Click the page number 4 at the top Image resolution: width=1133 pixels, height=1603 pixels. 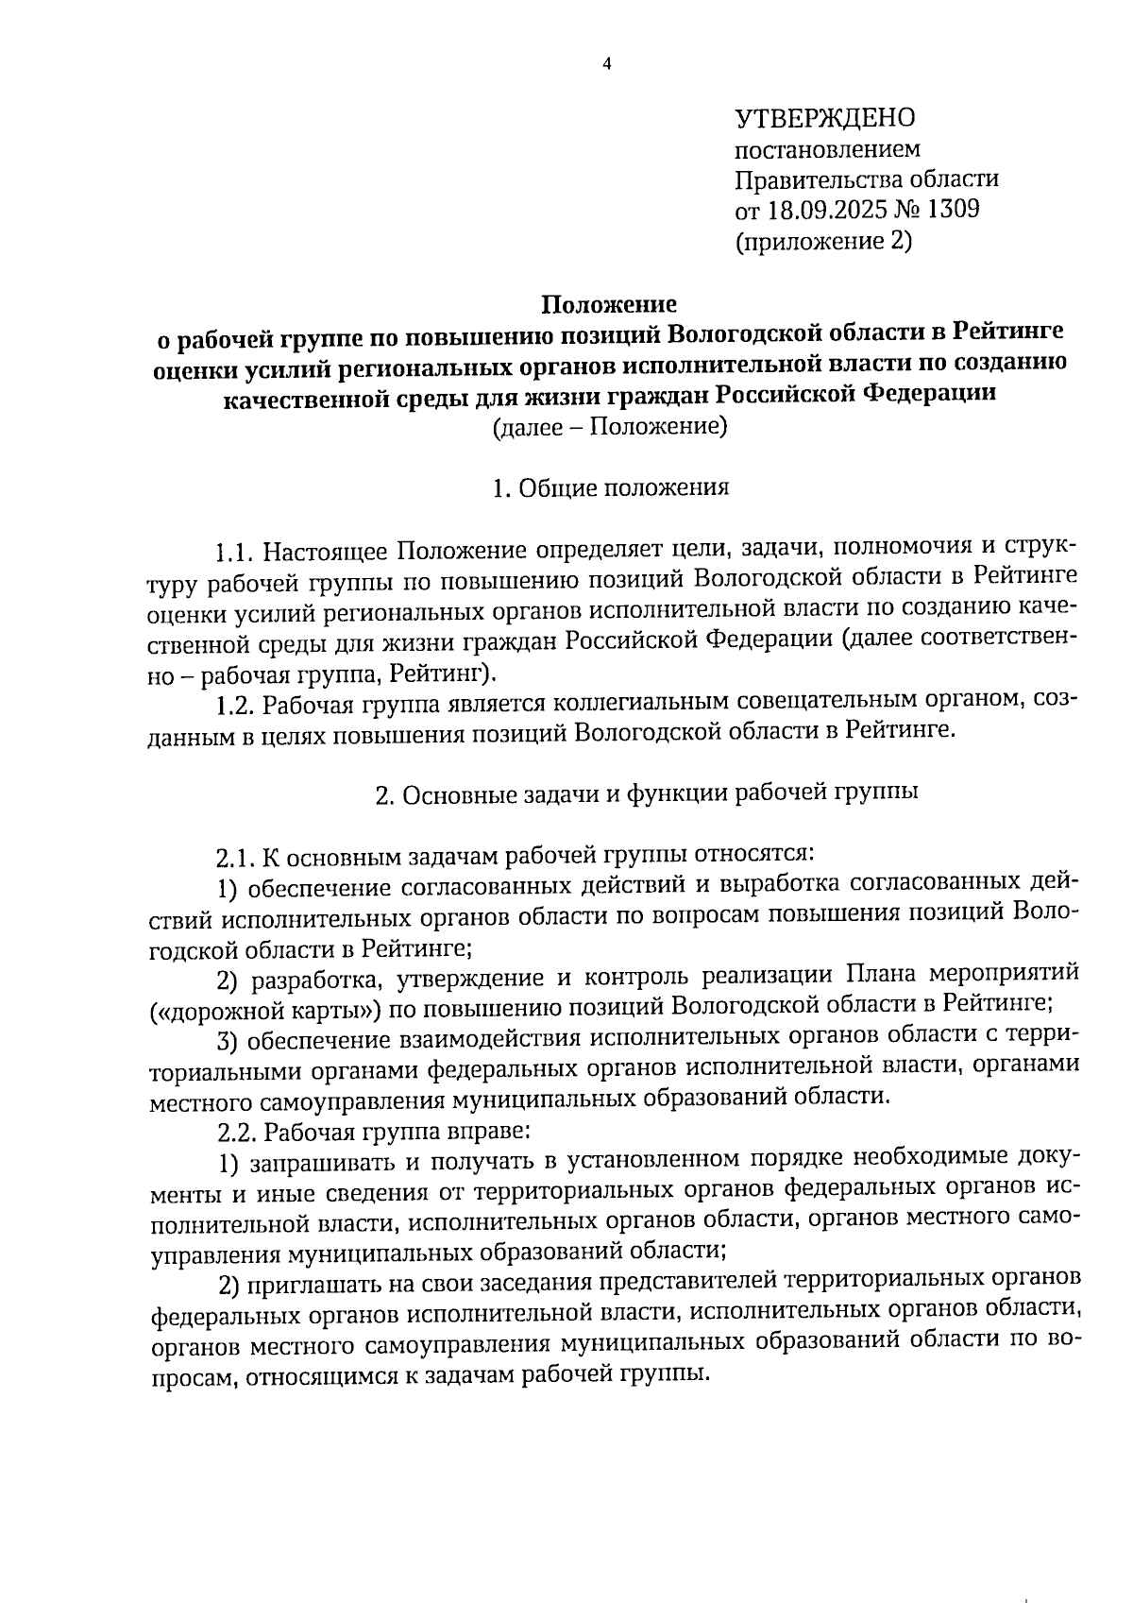click(607, 64)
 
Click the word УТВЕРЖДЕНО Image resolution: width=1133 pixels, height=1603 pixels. click(825, 118)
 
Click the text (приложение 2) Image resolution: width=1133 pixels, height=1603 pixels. click(823, 241)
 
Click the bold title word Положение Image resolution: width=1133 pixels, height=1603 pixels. click(608, 304)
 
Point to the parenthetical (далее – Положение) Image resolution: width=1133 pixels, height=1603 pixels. click(609, 427)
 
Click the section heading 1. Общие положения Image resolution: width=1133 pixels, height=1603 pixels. click(610, 487)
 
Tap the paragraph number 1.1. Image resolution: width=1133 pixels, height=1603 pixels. click(234, 550)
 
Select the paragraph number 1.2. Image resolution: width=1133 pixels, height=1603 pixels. click(234, 705)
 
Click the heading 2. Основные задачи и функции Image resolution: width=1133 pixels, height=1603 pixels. click(647, 794)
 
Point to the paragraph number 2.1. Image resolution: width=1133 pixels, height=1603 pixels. click(234, 858)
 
